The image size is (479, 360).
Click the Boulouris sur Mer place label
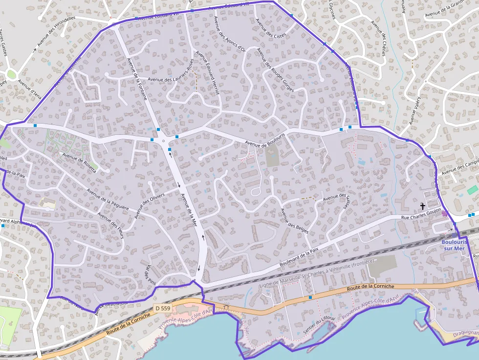coord(454,245)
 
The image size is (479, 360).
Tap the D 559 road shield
coord(162,308)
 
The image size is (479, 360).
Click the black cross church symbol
coord(422,207)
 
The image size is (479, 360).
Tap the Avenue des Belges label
coord(294,221)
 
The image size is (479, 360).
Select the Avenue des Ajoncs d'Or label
coord(229,34)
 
